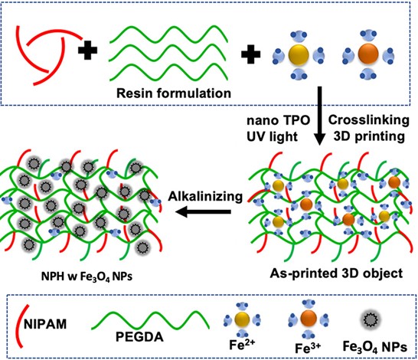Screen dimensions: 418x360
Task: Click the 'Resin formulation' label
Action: coord(174,93)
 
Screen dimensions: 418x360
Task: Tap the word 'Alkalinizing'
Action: coord(205,197)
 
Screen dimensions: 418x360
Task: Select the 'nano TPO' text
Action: coord(279,120)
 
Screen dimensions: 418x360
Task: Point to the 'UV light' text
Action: coord(272,137)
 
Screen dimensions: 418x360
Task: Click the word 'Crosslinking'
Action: coord(369,120)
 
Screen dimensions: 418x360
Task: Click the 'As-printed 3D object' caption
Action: coord(336,273)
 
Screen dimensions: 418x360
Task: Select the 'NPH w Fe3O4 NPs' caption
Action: coord(87,277)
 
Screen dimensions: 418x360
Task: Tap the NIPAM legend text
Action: coord(45,325)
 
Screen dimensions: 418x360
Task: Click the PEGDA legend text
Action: coord(139,337)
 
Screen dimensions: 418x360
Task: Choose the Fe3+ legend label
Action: coord(308,348)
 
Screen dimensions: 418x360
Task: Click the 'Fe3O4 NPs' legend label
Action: coord(374,347)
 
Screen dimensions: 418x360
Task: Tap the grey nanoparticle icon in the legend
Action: coord(370,319)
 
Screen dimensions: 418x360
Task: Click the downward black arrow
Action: coord(320,116)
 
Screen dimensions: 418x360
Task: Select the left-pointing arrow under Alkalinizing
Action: coord(203,212)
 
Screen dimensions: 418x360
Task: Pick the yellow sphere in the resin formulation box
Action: coord(299,55)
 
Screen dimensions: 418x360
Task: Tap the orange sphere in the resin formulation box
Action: coord(368,54)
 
